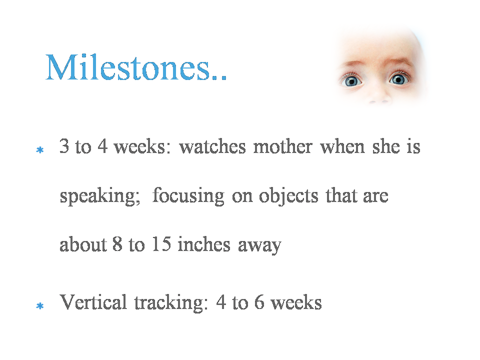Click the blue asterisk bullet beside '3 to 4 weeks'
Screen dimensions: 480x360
point(40,150)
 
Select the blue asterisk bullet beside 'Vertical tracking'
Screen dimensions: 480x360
point(40,306)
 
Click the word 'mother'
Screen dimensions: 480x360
point(283,146)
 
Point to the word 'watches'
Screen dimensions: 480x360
point(212,146)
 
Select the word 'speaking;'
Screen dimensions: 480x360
point(100,196)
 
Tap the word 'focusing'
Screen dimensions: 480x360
point(188,196)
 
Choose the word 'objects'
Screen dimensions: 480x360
point(288,196)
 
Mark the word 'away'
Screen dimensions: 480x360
point(259,246)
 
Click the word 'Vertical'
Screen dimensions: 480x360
point(93,302)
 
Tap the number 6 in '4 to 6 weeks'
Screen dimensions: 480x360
point(259,302)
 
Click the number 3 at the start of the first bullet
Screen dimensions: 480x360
point(64,145)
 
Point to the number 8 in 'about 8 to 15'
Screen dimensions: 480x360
point(117,244)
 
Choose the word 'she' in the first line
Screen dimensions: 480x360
point(386,146)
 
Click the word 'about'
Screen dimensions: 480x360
point(83,244)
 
